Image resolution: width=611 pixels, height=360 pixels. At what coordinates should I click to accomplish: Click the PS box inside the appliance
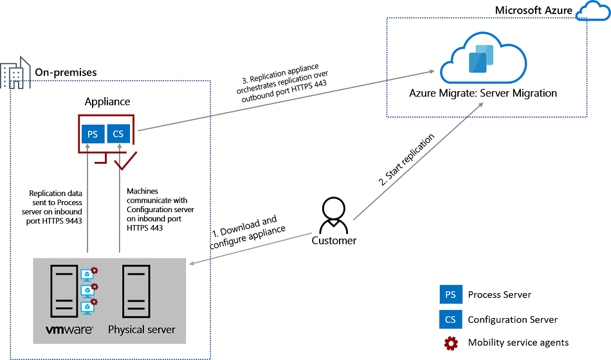click(93, 134)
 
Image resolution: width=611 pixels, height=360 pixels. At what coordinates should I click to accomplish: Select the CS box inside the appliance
click(118, 134)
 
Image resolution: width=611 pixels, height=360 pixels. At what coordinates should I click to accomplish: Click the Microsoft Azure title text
click(533, 11)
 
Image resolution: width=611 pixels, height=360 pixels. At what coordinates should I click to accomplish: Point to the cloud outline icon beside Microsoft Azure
click(592, 11)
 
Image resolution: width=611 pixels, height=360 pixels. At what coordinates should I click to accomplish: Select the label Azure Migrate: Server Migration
click(483, 93)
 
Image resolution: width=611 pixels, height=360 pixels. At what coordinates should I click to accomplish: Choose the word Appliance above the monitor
click(107, 102)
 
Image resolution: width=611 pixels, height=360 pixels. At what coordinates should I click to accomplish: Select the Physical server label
click(141, 330)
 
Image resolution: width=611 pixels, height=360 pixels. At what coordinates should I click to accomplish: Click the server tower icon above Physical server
click(136, 291)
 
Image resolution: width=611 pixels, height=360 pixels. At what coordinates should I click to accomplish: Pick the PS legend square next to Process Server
click(450, 294)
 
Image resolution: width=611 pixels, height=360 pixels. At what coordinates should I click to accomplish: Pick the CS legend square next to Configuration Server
click(450, 319)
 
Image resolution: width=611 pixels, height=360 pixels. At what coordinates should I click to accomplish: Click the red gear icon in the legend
click(451, 343)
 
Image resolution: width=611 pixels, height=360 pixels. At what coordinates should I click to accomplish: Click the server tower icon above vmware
click(64, 291)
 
